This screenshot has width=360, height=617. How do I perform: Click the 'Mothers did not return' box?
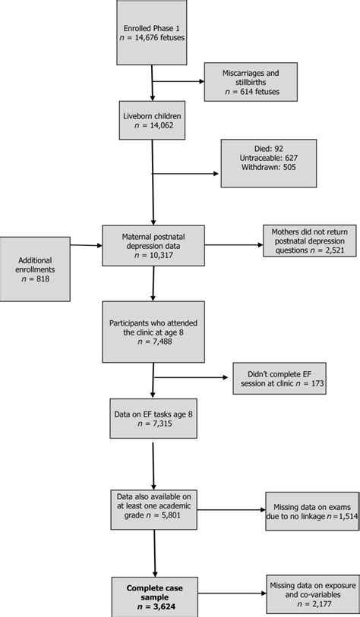point(308,241)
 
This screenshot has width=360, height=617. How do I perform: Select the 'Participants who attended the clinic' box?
point(153,332)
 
